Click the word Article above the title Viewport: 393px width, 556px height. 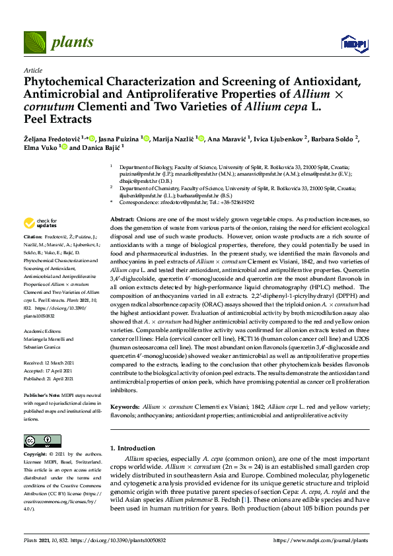pyautogui.click(x=32, y=69)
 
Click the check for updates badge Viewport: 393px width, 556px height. pyautogui.click(x=41, y=223)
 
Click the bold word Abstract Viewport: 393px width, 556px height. pyautogui.click(x=122, y=219)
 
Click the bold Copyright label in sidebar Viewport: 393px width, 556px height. pyautogui.click(x=36, y=454)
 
